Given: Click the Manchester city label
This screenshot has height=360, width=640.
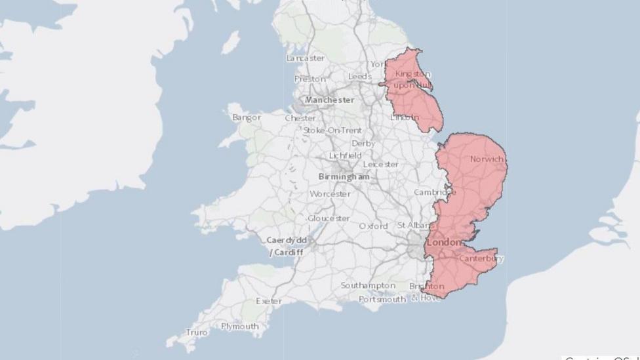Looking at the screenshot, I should [x=329, y=100].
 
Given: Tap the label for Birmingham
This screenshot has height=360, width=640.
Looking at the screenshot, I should [x=344, y=177].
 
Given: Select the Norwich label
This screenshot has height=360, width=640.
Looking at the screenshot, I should [x=487, y=159].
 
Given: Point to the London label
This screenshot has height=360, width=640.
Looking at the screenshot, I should [x=445, y=243].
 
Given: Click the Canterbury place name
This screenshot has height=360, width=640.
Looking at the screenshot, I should [x=481, y=258].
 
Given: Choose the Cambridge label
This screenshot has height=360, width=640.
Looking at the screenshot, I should [x=434, y=192].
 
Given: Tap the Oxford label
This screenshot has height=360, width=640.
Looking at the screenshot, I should [x=373, y=226].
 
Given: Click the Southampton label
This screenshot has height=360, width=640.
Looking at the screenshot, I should [x=367, y=286].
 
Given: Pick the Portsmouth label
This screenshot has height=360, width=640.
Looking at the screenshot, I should [x=382, y=300].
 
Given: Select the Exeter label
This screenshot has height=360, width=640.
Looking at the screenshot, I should [x=269, y=301].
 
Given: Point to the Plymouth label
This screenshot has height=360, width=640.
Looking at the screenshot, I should [x=239, y=326].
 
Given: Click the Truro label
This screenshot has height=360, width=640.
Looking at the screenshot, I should [x=197, y=332].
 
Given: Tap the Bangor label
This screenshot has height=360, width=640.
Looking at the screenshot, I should [x=246, y=118].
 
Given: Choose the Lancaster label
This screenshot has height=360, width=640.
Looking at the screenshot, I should [x=305, y=58].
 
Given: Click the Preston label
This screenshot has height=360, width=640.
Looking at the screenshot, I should [x=310, y=79].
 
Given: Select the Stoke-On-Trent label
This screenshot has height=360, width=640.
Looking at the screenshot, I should [x=332, y=130].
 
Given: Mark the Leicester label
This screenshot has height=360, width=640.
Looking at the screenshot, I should [x=380, y=164].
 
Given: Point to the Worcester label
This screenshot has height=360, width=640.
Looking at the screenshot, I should [x=330, y=194].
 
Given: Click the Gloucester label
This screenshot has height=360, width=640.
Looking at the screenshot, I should [x=329, y=218].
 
